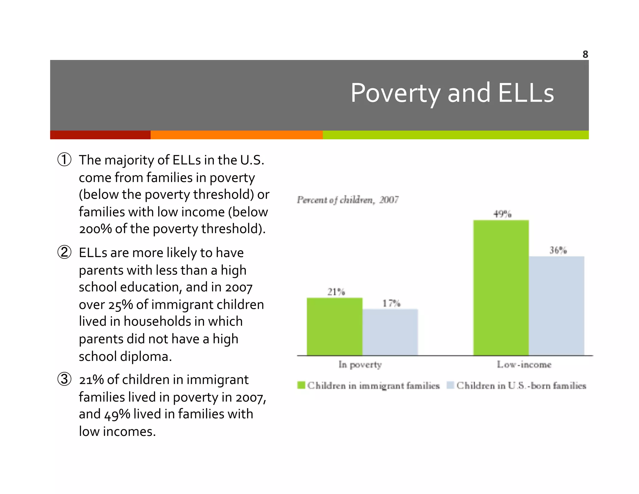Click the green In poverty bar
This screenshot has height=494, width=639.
click(x=334, y=326)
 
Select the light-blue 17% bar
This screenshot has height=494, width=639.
click(x=390, y=332)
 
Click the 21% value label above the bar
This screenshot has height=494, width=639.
click(x=336, y=292)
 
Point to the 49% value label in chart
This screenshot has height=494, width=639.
click(x=502, y=214)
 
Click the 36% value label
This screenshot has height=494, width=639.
click(x=558, y=250)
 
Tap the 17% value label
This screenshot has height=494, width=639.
click(x=391, y=303)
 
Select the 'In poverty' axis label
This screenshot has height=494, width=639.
click(x=360, y=365)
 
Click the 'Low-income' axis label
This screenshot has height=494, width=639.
click(x=524, y=365)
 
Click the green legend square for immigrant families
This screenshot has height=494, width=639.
click(x=301, y=385)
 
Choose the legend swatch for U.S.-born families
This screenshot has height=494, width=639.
click(x=450, y=385)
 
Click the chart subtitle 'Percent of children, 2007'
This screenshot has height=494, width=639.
click(x=347, y=200)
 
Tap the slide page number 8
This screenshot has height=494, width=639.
click(x=585, y=54)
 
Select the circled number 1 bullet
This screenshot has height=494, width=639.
click(x=65, y=160)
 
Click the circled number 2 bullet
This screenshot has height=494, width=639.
click(x=65, y=252)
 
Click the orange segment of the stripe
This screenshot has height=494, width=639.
click(x=236, y=135)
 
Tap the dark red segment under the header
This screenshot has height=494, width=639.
click(x=100, y=135)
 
